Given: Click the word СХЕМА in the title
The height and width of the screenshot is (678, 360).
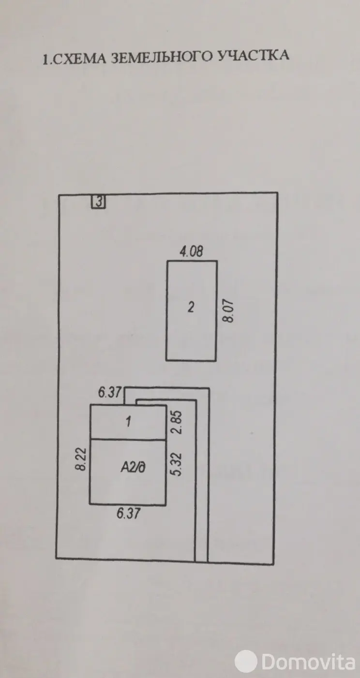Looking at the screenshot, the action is tap(79, 59).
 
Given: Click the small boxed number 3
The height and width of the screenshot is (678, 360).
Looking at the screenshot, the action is tap(99, 202).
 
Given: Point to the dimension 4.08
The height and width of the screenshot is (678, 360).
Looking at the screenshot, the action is tap(191, 252).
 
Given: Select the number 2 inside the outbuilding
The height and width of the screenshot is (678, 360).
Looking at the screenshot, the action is tap(191, 307).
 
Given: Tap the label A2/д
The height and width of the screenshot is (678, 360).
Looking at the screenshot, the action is tap(133, 467).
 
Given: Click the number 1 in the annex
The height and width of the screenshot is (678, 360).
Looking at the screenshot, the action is tap(128, 421).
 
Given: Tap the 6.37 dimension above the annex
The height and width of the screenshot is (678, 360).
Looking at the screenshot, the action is tap(110, 392).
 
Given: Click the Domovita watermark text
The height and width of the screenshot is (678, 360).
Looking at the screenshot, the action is tap(308, 662).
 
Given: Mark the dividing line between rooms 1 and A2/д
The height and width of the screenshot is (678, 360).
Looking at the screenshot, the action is tap(128, 439).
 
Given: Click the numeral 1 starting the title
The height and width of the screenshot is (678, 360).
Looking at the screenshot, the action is tap(45, 59).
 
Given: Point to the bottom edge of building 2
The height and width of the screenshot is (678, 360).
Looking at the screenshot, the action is tap(191, 360).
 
